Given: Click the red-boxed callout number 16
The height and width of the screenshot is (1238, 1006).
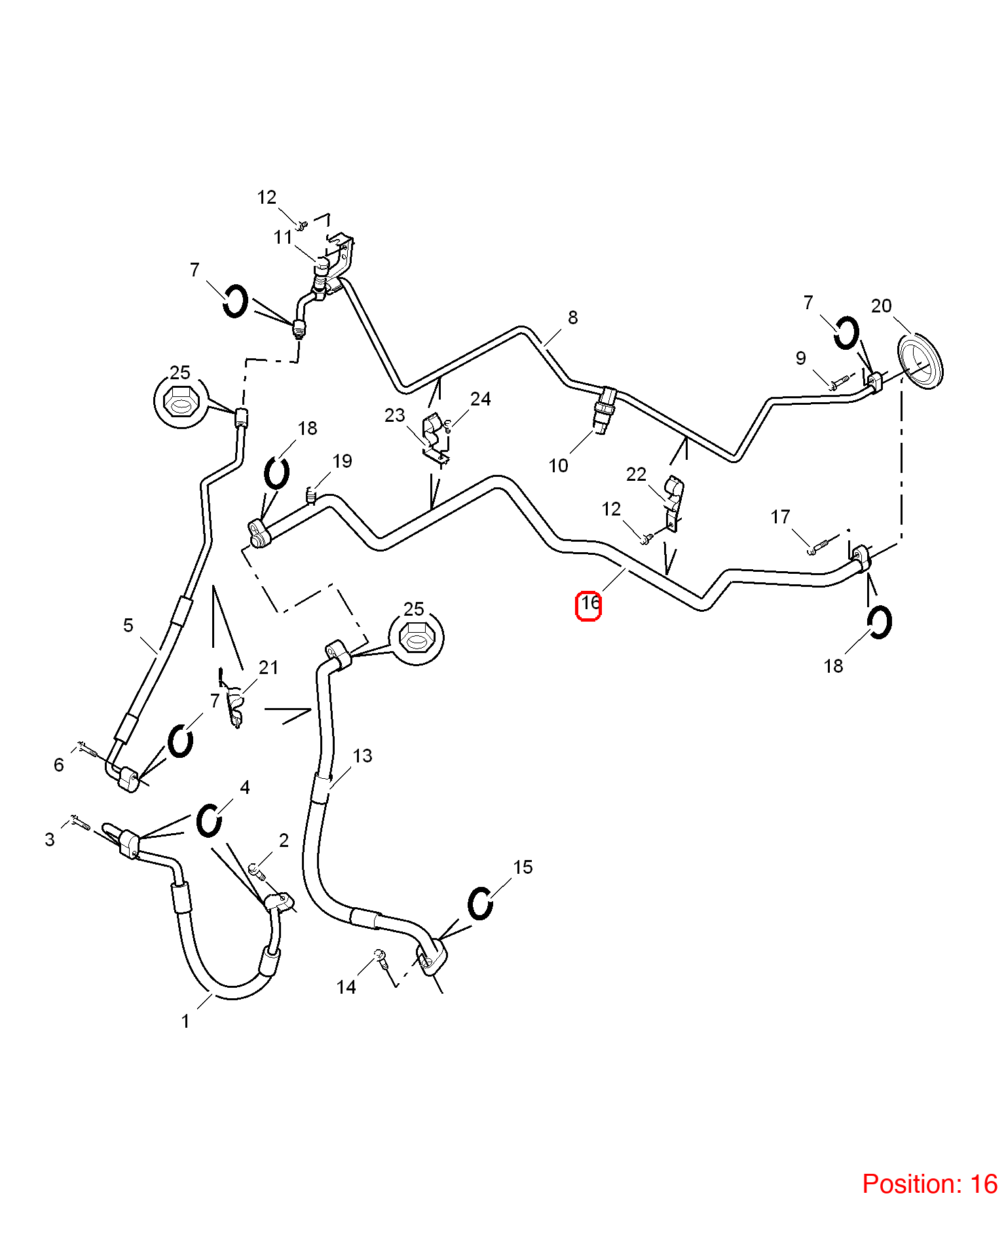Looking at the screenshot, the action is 589,603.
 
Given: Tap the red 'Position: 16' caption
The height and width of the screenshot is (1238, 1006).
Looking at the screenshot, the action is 929,1184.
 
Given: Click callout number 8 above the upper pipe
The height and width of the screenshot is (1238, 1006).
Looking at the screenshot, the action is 573,318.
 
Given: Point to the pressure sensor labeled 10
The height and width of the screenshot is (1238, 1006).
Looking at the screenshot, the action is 604,411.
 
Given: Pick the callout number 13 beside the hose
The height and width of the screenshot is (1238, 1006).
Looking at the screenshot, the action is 362,756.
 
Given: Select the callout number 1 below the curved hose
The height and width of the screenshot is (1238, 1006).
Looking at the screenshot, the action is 185,1021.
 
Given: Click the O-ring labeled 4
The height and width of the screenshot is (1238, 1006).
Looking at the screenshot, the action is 209,820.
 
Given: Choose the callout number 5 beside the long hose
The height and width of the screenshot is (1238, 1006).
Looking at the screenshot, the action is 128,626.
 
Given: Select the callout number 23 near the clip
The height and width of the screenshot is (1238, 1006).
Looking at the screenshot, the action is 395,415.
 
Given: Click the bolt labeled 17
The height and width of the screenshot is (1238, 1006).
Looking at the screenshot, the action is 821,545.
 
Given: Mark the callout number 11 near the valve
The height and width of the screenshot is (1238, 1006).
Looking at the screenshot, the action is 283,237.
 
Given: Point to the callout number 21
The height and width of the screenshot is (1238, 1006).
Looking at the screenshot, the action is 269,667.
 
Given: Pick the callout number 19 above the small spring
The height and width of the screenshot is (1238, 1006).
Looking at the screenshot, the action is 343,461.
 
